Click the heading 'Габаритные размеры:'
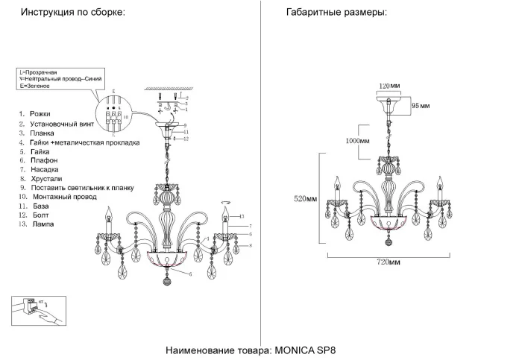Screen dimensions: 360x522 (336, 13)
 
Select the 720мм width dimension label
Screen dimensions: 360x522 (388, 262)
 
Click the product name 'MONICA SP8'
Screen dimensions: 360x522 (311, 350)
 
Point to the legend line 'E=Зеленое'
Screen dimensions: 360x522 (34, 86)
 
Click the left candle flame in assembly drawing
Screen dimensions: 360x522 (110, 211)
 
